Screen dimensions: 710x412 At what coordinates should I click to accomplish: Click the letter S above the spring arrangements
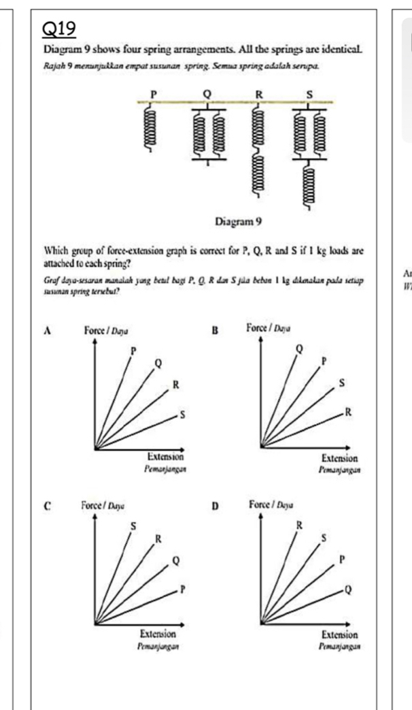coord(312,92)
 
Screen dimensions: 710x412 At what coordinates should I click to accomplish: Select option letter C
coord(48,506)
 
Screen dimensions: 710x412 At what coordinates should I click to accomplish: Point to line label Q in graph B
coord(298,349)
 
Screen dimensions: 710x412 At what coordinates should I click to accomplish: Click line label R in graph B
coord(348,413)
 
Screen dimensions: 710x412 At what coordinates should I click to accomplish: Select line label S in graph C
coord(133,526)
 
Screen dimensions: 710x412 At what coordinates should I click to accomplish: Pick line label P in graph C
coord(183,590)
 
